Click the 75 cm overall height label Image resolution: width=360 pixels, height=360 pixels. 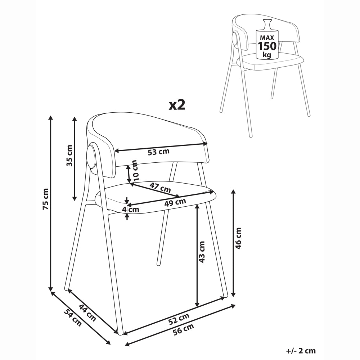(x=46, y=199)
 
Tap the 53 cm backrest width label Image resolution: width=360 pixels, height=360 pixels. (x=158, y=152)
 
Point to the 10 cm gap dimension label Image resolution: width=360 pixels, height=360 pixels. (x=134, y=170)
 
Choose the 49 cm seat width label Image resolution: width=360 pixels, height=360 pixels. (x=175, y=202)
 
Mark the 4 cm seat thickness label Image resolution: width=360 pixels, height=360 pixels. (x=131, y=210)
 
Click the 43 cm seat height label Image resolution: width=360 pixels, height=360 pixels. (x=202, y=252)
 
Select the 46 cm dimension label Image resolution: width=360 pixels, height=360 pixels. (x=238, y=238)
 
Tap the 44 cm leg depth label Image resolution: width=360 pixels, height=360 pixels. (x=87, y=313)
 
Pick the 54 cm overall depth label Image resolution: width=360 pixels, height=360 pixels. (x=73, y=318)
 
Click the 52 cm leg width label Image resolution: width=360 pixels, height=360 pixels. (x=179, y=319)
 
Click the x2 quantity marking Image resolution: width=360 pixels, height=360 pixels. (x=177, y=105)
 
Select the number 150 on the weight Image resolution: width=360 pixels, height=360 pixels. (x=267, y=46)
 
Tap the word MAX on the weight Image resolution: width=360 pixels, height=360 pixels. (x=267, y=37)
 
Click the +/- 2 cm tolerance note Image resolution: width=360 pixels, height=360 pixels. (x=301, y=351)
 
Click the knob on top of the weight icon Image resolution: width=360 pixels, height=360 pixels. (x=267, y=24)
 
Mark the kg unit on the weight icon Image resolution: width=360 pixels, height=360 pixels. (x=267, y=55)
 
